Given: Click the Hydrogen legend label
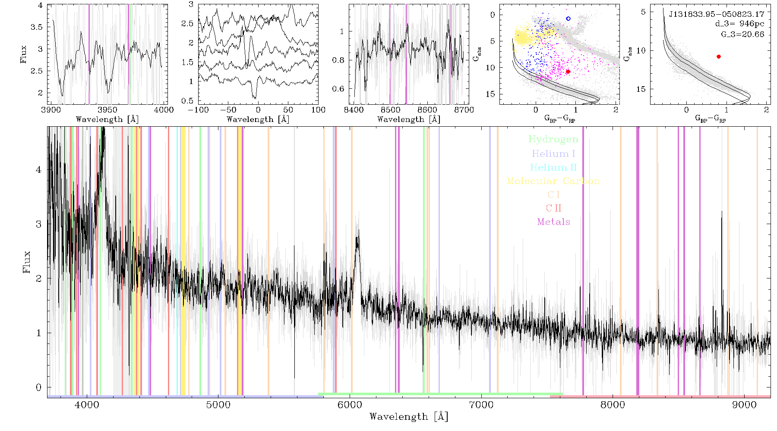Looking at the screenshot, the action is click(x=553, y=140).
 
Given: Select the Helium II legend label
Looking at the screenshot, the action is click(x=553, y=168).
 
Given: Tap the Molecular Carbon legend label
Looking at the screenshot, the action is click(x=553, y=181).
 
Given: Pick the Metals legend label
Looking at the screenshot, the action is click(x=553, y=222).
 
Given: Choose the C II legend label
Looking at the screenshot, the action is click(x=553, y=208).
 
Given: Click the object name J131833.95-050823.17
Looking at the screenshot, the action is click(x=717, y=14).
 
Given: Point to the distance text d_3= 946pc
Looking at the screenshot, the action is click(x=739, y=24).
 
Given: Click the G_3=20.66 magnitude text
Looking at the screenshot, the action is click(x=742, y=34).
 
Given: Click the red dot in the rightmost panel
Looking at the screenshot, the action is click(x=718, y=56).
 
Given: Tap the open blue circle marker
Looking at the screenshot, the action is click(x=568, y=19).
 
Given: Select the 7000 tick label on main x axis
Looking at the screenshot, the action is click(x=481, y=405).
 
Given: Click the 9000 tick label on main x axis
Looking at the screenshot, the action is click(x=744, y=405).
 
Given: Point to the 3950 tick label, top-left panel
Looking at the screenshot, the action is click(x=107, y=110).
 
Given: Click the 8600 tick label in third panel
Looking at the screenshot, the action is click(x=427, y=110).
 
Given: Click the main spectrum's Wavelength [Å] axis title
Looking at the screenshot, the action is click(x=409, y=417).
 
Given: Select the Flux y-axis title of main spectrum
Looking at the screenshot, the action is click(x=27, y=262).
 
